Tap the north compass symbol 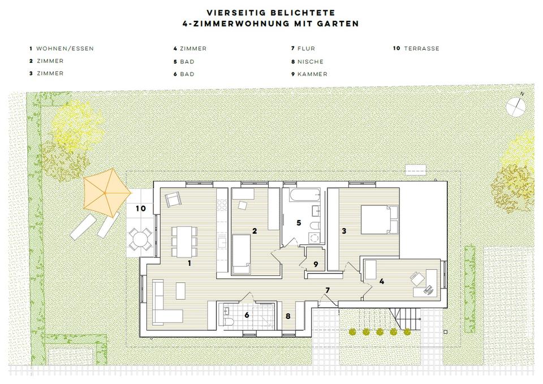516,105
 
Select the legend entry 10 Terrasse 416,49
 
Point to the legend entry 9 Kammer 309,74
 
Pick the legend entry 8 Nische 307,62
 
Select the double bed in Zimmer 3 378,219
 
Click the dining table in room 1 184,239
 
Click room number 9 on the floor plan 316,264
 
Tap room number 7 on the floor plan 327,290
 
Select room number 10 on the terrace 141,208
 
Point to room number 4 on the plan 382,281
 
